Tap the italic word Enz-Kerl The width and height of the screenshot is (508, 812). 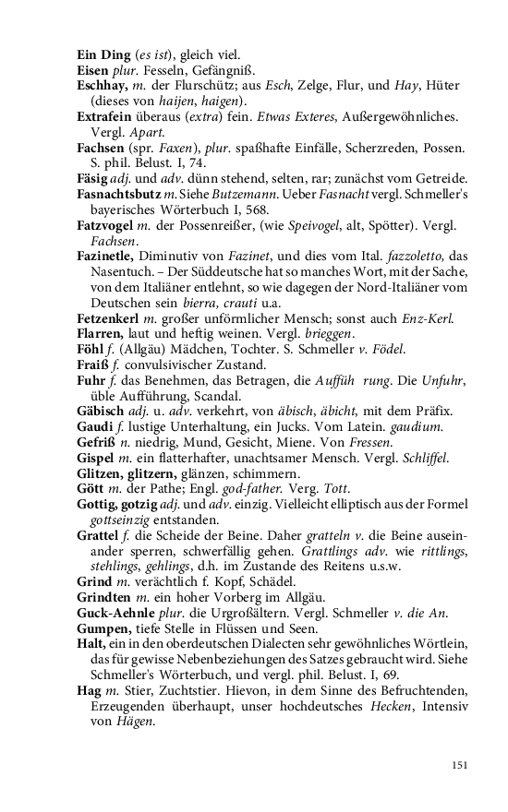tap(427, 317)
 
